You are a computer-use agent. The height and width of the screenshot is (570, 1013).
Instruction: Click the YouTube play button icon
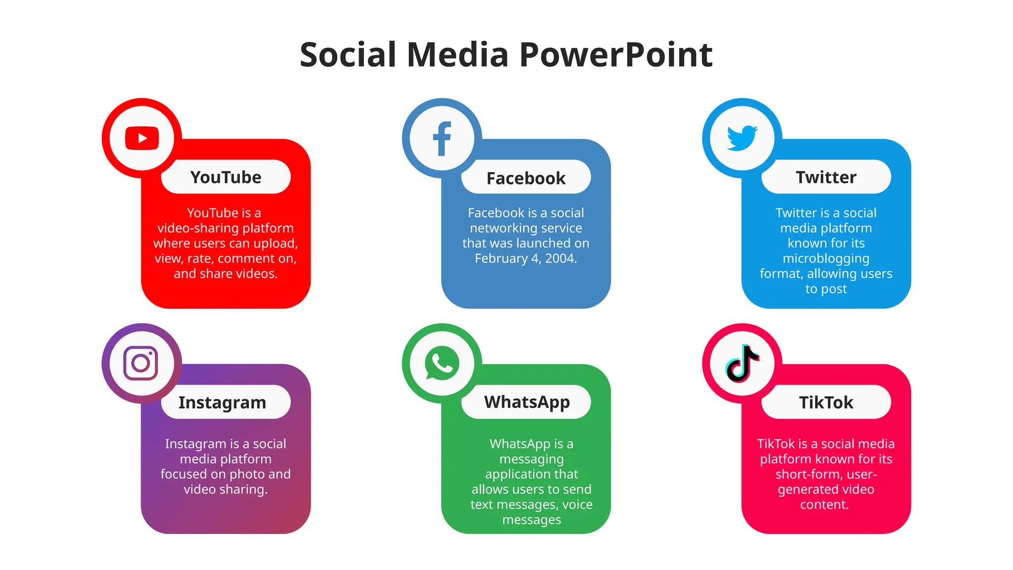(142, 138)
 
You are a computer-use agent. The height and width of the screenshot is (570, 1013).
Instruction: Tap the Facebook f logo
(442, 139)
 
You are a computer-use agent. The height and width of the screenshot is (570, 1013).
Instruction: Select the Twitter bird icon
(742, 138)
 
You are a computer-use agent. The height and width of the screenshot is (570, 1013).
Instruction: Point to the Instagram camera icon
(141, 363)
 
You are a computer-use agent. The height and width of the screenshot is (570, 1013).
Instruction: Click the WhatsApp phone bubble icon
(442, 363)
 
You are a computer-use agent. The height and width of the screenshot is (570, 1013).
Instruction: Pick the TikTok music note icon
(742, 363)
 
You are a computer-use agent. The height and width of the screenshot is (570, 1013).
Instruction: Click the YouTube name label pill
(226, 177)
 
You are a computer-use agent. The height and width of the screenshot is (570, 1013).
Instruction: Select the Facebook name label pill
(526, 178)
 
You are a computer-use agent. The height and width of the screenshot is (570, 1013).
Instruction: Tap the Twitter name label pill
(826, 177)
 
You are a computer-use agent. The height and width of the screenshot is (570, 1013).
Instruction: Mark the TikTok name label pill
(826, 402)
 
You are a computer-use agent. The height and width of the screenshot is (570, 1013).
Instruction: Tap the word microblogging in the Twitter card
(826, 259)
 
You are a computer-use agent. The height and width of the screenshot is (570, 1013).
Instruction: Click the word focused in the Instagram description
(184, 474)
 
